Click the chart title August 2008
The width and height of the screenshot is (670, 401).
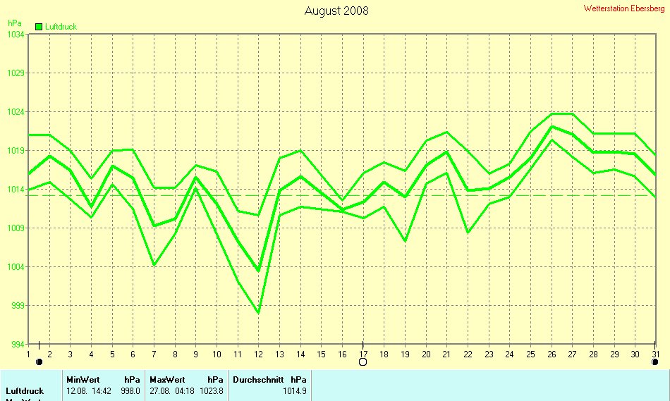[336, 11]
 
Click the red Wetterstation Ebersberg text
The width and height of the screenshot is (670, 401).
[624, 8]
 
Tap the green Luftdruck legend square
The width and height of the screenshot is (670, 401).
[39, 27]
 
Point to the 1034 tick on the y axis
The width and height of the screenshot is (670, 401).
[16, 35]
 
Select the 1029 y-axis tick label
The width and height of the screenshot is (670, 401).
[16, 73]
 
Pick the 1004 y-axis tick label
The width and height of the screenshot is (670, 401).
[16, 267]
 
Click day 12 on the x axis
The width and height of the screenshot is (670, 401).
[259, 354]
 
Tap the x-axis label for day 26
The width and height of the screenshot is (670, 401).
[552, 354]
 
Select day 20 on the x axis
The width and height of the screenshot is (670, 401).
[426, 354]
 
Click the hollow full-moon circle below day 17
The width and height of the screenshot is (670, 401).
[363, 362]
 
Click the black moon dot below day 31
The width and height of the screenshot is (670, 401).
[655, 362]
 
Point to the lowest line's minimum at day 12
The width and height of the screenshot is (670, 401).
[259, 312]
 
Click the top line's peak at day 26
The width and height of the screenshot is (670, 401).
[552, 113]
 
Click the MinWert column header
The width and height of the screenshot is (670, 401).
[83, 379]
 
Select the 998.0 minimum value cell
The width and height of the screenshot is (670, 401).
[130, 390]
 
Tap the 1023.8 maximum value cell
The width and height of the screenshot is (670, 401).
[214, 390]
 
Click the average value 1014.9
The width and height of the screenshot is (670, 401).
[295, 390]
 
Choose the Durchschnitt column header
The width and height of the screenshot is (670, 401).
[258, 379]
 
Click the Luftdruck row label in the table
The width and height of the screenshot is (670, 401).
[25, 390]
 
